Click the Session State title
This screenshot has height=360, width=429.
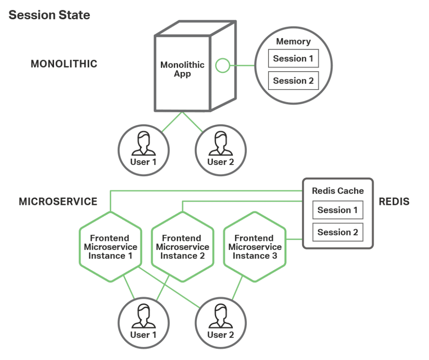49,15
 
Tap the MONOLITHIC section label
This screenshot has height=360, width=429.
64,64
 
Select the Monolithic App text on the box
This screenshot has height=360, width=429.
182,69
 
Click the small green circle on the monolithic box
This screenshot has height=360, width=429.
222,66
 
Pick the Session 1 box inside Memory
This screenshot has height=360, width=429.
293,59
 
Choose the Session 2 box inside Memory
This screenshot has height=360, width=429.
293,81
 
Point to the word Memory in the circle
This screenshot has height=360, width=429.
293,42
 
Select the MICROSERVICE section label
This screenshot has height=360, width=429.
58,201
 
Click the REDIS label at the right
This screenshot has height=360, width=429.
394,201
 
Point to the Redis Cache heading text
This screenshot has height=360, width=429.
338,191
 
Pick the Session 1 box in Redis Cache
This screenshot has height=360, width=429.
338,210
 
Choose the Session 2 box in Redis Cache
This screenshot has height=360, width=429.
338,232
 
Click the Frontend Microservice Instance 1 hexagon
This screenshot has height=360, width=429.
111,247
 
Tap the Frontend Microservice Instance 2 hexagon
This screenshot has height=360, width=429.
183,247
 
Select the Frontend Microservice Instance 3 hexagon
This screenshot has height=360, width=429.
255,247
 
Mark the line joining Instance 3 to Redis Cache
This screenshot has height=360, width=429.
294,239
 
